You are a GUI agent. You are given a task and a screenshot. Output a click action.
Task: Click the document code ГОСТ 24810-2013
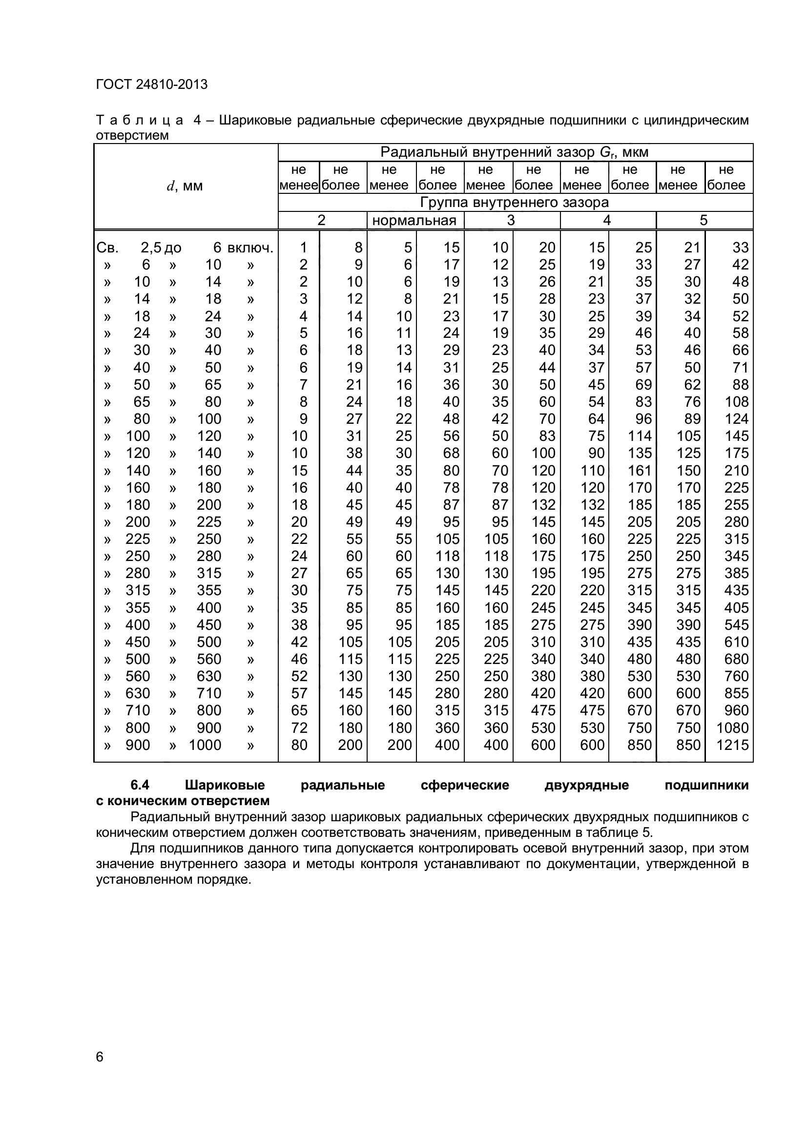(151, 84)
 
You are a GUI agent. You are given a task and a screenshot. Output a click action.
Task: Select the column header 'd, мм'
(185, 186)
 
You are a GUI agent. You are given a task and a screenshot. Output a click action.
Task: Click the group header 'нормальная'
(414, 220)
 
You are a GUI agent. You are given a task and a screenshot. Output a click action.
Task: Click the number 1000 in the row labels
(205, 745)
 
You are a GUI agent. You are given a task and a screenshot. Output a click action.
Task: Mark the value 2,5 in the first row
(151, 248)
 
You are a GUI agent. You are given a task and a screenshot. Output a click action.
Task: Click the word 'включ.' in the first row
(250, 248)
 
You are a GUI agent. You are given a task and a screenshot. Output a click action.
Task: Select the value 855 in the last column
(736, 693)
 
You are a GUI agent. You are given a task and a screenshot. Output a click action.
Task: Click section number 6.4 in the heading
(140, 786)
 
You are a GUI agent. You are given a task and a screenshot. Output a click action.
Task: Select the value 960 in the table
(736, 710)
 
